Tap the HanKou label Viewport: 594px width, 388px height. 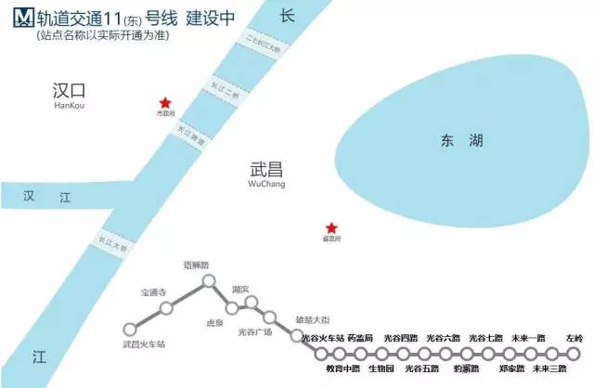70,107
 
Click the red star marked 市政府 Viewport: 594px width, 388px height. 165,103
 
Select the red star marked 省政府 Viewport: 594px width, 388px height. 331,228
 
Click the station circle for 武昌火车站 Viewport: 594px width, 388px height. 130,329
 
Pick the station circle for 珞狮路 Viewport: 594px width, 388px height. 209,279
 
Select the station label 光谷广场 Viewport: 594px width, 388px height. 254,332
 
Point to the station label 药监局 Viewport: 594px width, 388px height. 360,340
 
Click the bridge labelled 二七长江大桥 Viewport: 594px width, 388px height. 265,44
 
